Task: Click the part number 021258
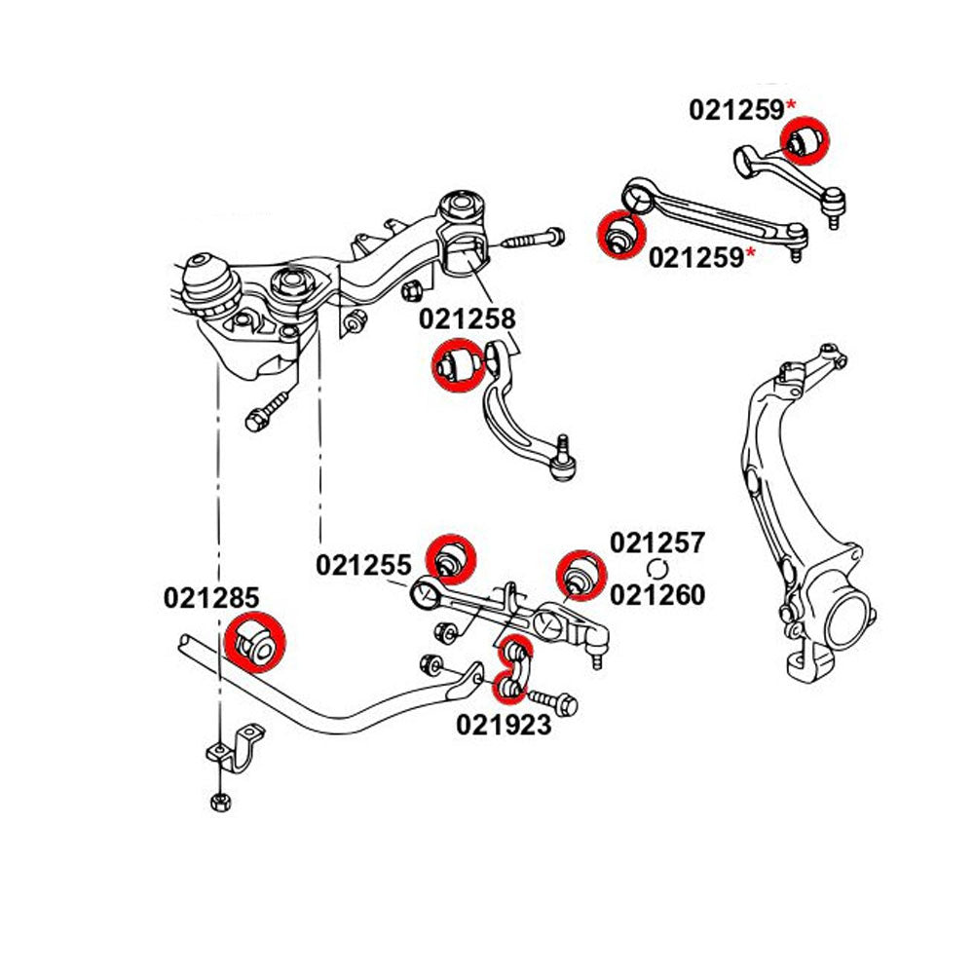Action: click(467, 318)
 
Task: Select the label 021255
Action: click(363, 564)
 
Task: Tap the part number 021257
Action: click(656, 543)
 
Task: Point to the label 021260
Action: click(656, 593)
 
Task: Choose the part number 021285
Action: click(212, 597)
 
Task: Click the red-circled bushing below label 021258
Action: click(457, 365)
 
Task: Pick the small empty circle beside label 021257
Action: click(657, 569)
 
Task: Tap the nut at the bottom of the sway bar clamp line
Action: click(218, 802)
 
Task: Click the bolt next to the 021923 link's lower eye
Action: click(552, 700)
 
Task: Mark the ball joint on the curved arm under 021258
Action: click(564, 466)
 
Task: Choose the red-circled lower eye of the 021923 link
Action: click(507, 690)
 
